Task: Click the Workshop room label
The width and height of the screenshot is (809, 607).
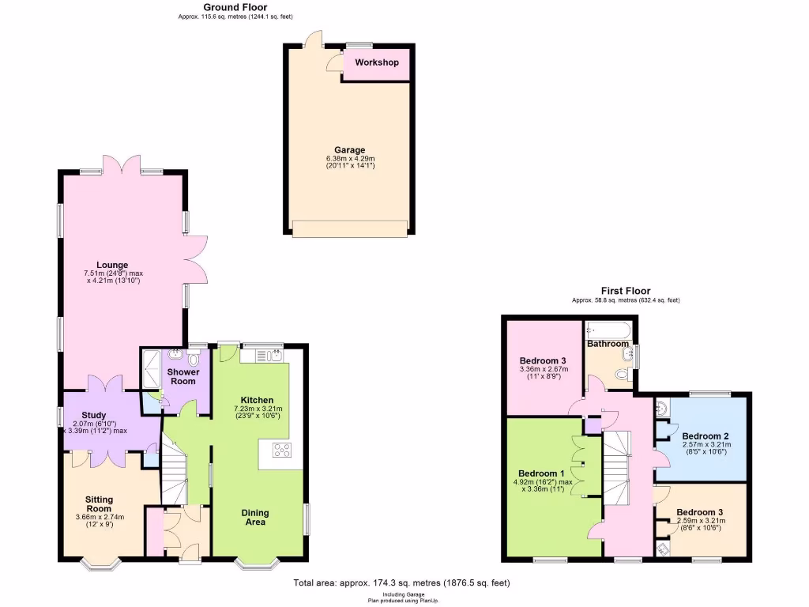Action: click(x=376, y=62)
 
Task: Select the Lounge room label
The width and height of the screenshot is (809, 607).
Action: click(x=112, y=265)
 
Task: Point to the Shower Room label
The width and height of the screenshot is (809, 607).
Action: click(x=182, y=376)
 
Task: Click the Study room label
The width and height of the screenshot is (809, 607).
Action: click(x=94, y=414)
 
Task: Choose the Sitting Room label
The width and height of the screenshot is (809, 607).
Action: click(x=100, y=504)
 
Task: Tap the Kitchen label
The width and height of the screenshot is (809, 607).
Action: click(x=258, y=400)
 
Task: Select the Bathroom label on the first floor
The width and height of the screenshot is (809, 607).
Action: click(x=608, y=344)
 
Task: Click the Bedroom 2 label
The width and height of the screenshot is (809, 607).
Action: click(x=706, y=436)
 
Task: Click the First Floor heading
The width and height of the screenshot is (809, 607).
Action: click(x=626, y=292)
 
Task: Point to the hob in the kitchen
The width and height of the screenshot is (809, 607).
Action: click(x=281, y=450)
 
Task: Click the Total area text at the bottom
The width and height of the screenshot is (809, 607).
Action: click(x=401, y=583)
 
